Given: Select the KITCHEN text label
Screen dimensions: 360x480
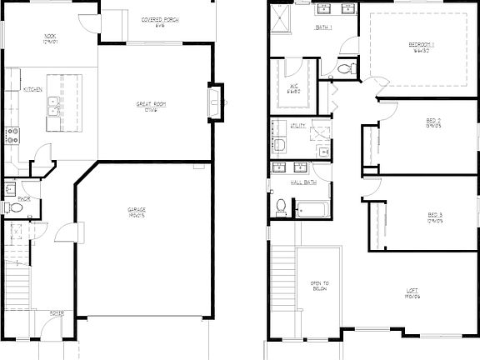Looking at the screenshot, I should (x=33, y=89).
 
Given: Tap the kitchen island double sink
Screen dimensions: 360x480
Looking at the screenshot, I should (x=52, y=106).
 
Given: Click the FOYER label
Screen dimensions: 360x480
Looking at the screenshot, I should (x=56, y=314).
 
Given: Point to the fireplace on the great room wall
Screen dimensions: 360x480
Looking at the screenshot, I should (x=216, y=102).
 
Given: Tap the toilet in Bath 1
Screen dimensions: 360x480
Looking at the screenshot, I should (x=352, y=67).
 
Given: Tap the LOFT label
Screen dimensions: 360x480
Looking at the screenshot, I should (x=412, y=292).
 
